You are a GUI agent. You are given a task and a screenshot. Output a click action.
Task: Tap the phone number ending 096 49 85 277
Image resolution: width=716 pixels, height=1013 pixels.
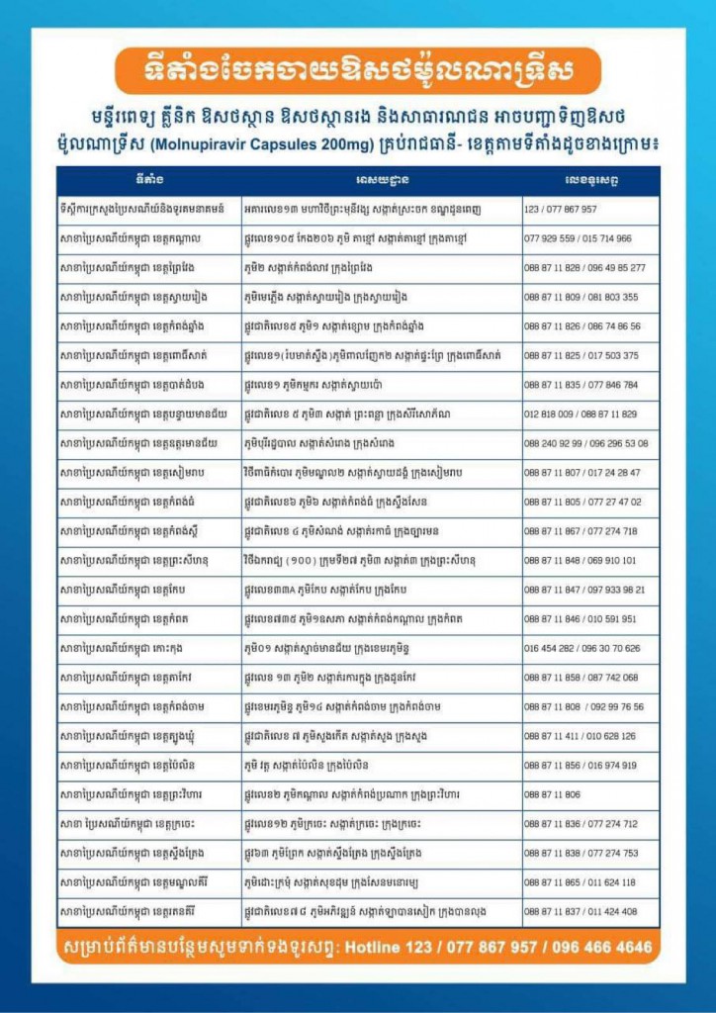[x=584, y=268]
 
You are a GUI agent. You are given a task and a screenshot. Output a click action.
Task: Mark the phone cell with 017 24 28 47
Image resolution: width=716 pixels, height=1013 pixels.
[x=582, y=473]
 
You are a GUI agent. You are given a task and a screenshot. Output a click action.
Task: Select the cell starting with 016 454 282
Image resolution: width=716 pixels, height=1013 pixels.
[x=582, y=649]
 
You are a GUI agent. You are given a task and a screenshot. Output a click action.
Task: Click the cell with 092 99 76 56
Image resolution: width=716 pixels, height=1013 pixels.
[x=584, y=707]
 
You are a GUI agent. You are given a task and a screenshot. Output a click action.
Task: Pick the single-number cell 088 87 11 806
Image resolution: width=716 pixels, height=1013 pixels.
[x=553, y=794]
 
